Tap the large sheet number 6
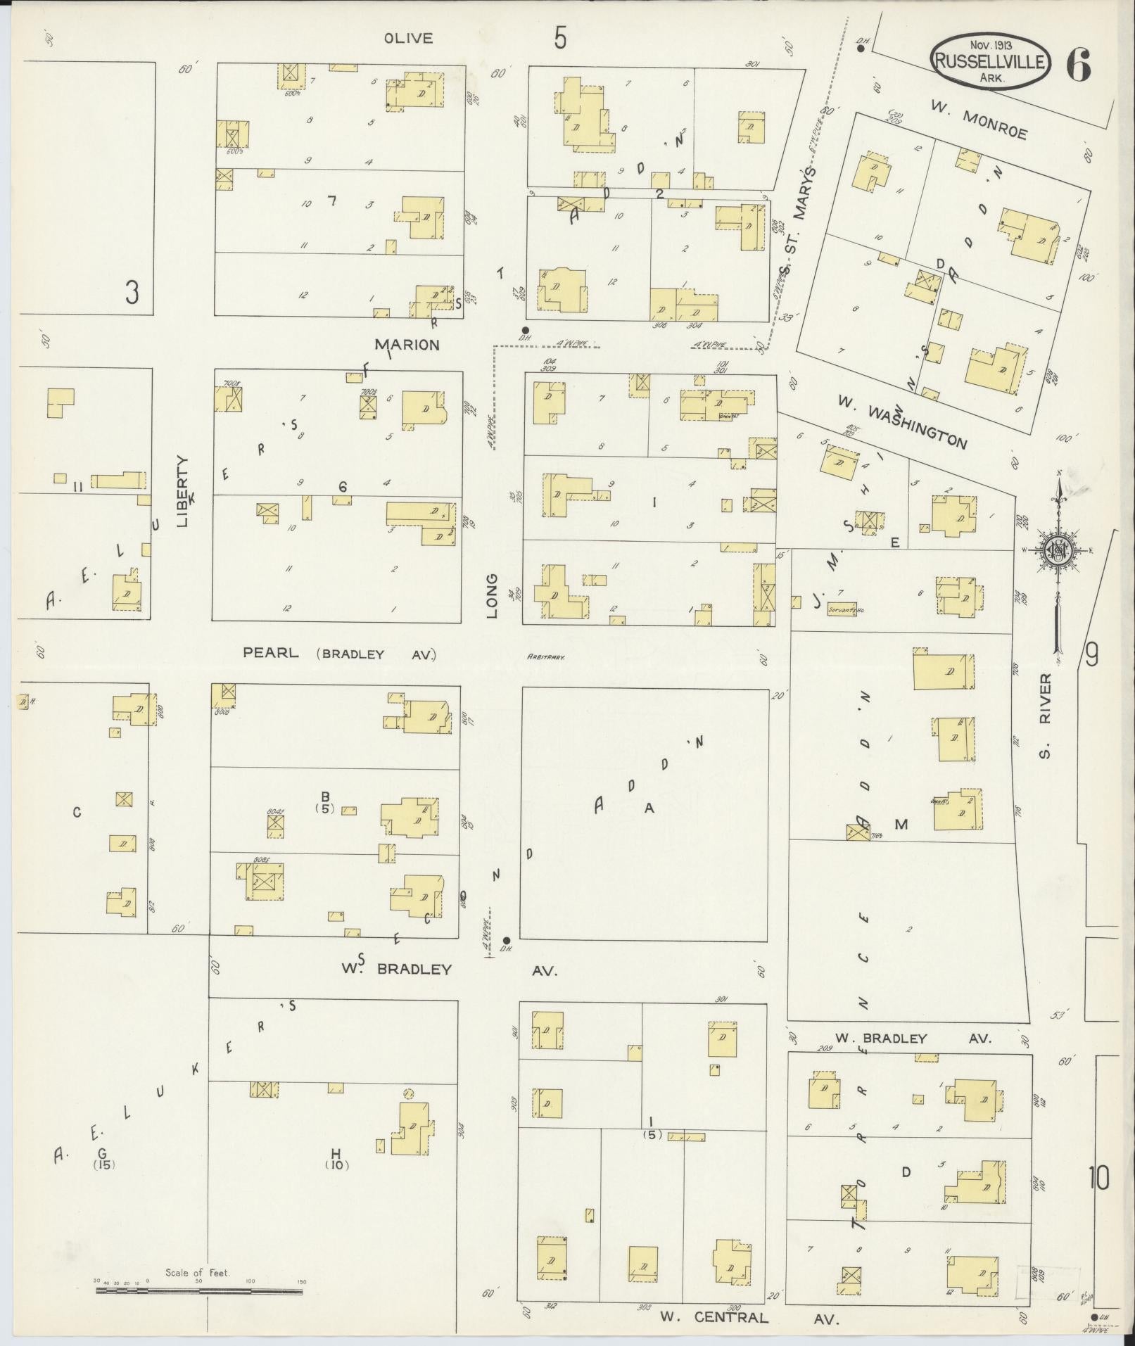1079,67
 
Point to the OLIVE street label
408,39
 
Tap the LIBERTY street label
183,490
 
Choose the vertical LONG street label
492,596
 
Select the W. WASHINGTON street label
901,421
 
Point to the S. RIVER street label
1045,716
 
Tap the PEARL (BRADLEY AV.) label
339,654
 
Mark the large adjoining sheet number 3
132,293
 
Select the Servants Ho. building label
846,611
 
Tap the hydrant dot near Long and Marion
525,329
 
